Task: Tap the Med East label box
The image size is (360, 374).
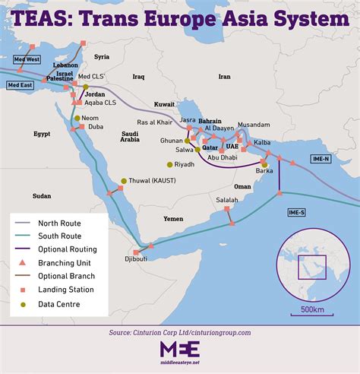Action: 21,85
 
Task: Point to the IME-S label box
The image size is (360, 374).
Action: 297,211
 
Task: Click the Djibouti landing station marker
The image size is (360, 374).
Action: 137,252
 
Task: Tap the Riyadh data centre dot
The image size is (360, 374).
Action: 170,164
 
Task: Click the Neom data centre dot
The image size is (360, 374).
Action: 77,119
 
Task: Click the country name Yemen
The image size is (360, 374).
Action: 173,218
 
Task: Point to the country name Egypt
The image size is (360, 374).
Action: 41,134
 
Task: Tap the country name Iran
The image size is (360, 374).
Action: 224,77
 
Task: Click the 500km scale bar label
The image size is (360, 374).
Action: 313,309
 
